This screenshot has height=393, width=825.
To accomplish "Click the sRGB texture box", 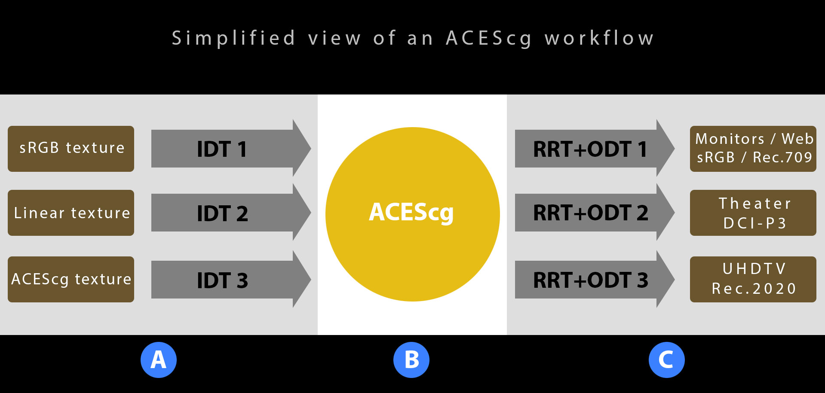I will [x=71, y=149].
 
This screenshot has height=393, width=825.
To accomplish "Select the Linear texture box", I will [x=71, y=213].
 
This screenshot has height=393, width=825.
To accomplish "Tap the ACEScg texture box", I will [x=71, y=279].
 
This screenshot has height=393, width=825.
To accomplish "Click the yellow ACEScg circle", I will [x=412, y=214].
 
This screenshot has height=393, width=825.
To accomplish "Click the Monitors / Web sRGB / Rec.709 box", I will [x=753, y=149].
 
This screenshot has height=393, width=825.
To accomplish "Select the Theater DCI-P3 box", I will [x=753, y=213].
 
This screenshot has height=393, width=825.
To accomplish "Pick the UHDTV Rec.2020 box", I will [x=753, y=279].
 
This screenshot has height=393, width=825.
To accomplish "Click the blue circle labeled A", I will [x=159, y=360].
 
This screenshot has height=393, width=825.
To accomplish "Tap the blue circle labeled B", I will [x=411, y=360].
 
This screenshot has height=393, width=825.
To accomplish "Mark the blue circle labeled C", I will [x=666, y=360].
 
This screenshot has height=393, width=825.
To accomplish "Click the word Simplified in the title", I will [x=234, y=38].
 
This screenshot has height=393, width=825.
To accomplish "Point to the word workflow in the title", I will [x=599, y=38].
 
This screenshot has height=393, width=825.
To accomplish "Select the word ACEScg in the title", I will [x=489, y=38].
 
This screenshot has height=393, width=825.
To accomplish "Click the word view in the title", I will [x=334, y=38].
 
